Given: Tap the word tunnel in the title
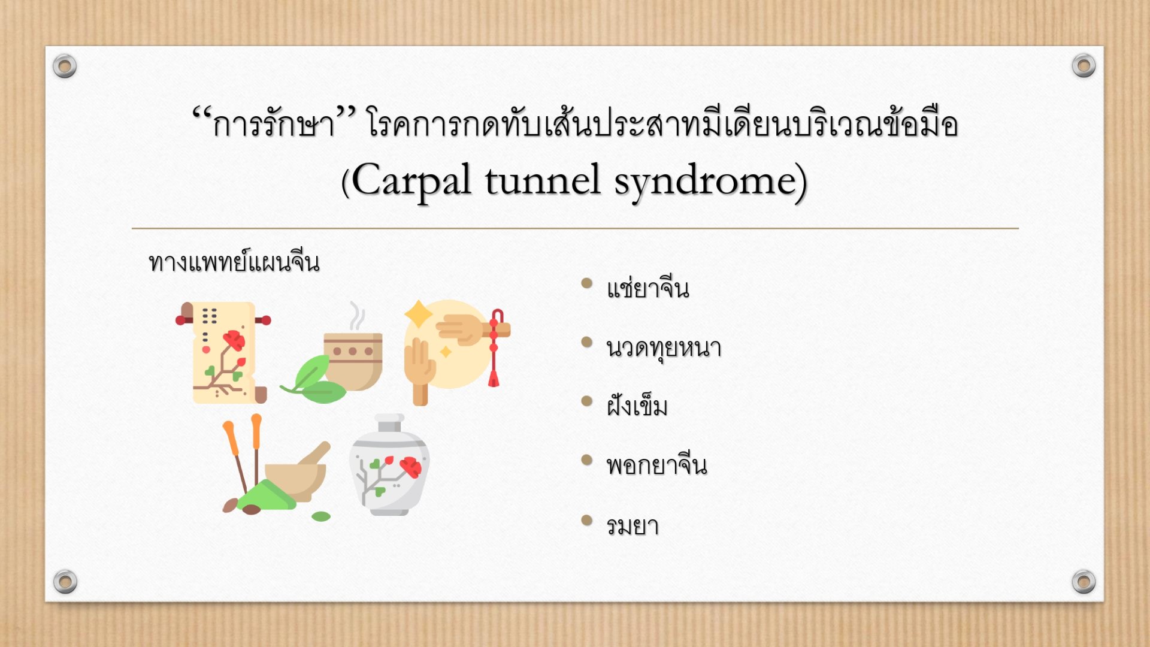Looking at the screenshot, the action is click(543, 180).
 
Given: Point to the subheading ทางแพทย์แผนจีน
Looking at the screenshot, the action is click(234, 262).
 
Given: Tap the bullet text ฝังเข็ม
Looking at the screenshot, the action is click(637, 406).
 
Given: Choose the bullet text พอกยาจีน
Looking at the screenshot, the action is click(656, 464).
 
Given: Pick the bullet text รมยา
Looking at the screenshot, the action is click(632, 525).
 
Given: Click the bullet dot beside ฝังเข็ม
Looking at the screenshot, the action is click(587, 401).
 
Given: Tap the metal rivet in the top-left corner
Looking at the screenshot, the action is click(65, 65).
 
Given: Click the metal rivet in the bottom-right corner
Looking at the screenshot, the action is click(1084, 581).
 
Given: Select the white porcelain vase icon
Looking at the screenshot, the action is click(389, 465).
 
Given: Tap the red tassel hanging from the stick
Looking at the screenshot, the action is click(495, 347).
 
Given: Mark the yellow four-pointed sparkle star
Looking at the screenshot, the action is click(419, 315).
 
